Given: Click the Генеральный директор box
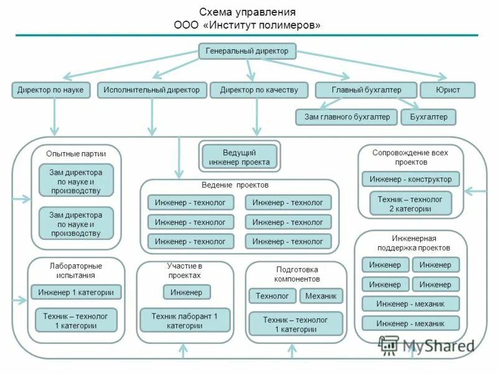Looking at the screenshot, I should (247, 51).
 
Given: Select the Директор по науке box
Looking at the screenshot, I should (50, 90).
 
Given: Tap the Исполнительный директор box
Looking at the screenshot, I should (152, 90).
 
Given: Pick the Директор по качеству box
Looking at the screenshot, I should (259, 90).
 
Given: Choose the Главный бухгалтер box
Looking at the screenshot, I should (365, 90).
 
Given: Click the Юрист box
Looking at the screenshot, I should (448, 90).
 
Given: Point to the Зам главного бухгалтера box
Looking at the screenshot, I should (347, 117).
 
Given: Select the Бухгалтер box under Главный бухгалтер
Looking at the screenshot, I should (428, 117).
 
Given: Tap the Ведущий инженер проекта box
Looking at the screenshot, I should (240, 157).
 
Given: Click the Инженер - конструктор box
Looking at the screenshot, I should (410, 180).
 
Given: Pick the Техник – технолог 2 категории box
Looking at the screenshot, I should (410, 204).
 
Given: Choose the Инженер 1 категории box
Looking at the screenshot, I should (76, 292).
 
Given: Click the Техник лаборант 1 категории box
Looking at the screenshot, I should (184, 320).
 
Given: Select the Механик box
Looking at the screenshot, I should (321, 296).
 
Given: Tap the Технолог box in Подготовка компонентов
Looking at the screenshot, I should (273, 296).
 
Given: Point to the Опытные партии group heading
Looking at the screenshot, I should (76, 153).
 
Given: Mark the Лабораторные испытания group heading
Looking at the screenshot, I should (76, 270).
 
